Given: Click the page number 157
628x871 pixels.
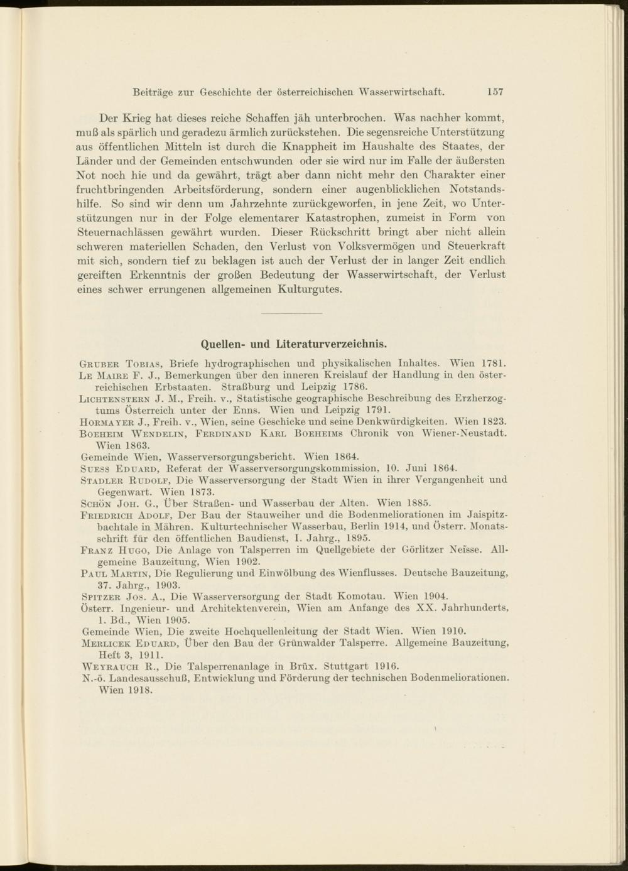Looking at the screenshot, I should (494, 92).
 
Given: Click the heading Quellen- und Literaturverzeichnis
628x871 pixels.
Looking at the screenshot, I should (293, 344).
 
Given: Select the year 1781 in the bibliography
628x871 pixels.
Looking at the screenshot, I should (494, 363).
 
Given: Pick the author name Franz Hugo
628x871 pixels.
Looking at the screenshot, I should (113, 550).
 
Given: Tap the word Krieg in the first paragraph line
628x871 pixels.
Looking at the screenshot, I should (136, 117).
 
